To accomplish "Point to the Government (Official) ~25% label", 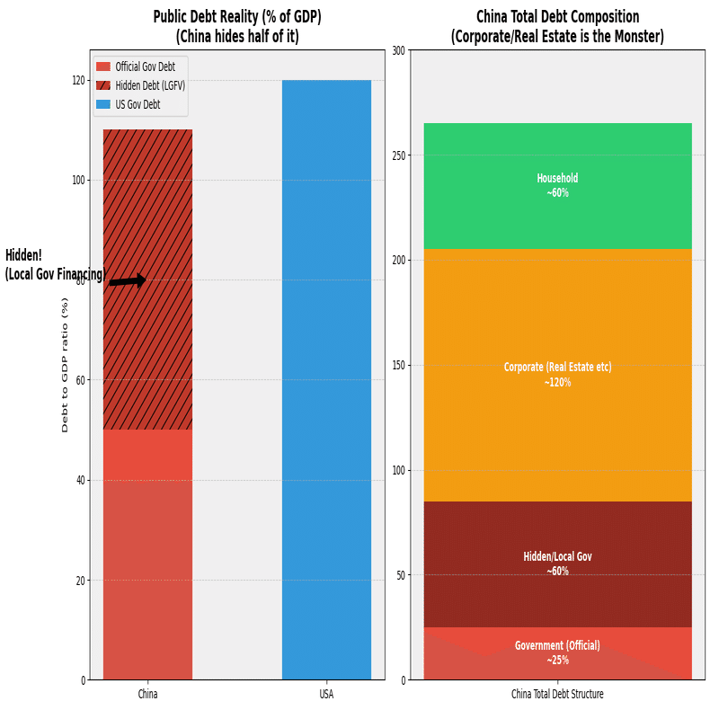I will coord(557,653).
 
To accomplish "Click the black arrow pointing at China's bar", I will coord(128,281).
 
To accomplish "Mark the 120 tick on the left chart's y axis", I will coord(78,80).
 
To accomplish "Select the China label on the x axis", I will coord(147,695).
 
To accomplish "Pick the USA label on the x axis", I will coord(326,695).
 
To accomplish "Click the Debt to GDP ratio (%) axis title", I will coord(65,365).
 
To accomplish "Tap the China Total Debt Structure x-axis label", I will coord(557,695).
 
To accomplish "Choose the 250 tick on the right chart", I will coord(397,155).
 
